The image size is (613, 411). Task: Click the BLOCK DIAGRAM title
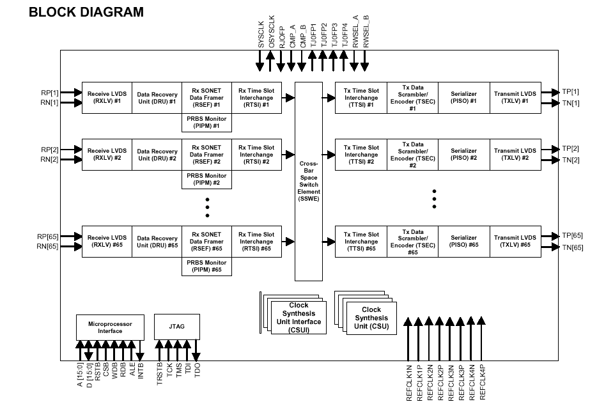point(86,12)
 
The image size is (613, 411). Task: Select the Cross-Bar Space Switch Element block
point(309,182)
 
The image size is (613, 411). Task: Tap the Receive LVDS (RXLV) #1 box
point(107,97)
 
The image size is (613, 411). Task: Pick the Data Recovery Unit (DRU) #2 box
point(157,155)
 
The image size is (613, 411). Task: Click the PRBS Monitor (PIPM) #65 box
point(207,266)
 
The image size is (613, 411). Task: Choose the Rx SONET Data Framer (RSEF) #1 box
point(207,97)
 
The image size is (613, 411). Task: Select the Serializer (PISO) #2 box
point(463,155)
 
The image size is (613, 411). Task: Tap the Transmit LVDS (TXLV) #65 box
point(515,242)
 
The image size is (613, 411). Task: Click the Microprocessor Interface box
point(110,327)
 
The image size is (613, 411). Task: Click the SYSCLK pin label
point(261,33)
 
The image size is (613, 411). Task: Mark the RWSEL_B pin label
point(366,31)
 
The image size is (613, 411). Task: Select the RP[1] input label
point(50,93)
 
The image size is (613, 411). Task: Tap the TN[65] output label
point(571,247)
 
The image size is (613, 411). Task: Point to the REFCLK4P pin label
point(484,382)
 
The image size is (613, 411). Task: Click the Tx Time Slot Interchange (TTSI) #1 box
point(361,97)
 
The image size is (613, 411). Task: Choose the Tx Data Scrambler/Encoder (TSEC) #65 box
point(412,242)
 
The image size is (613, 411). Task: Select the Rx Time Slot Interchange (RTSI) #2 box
point(256,155)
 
